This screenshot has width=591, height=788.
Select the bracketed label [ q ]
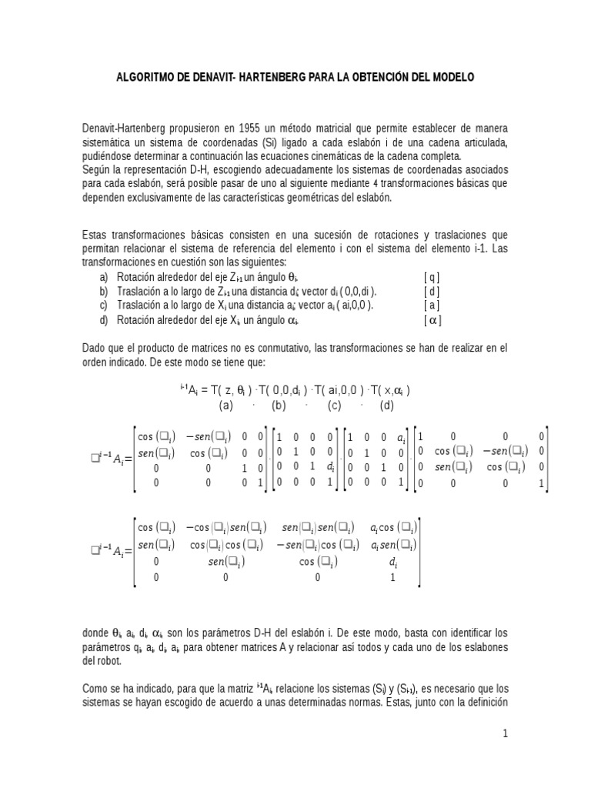click(x=432, y=278)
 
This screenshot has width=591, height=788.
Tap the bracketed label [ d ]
click(x=432, y=292)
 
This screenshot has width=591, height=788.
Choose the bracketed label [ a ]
click(x=432, y=306)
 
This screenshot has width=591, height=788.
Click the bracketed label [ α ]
click(x=432, y=319)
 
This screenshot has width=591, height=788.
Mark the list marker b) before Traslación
click(x=103, y=292)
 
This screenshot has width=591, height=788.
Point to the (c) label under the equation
click(x=334, y=405)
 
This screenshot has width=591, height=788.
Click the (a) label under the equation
click(x=225, y=405)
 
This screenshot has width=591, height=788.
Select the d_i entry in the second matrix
click(x=330, y=466)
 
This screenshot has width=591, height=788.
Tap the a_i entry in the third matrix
click(x=401, y=437)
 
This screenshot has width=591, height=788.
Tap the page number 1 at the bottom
click(x=505, y=734)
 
